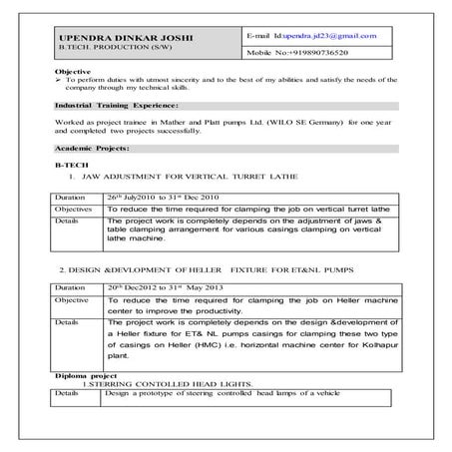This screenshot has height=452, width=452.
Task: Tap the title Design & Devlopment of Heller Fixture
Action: coord(197,269)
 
